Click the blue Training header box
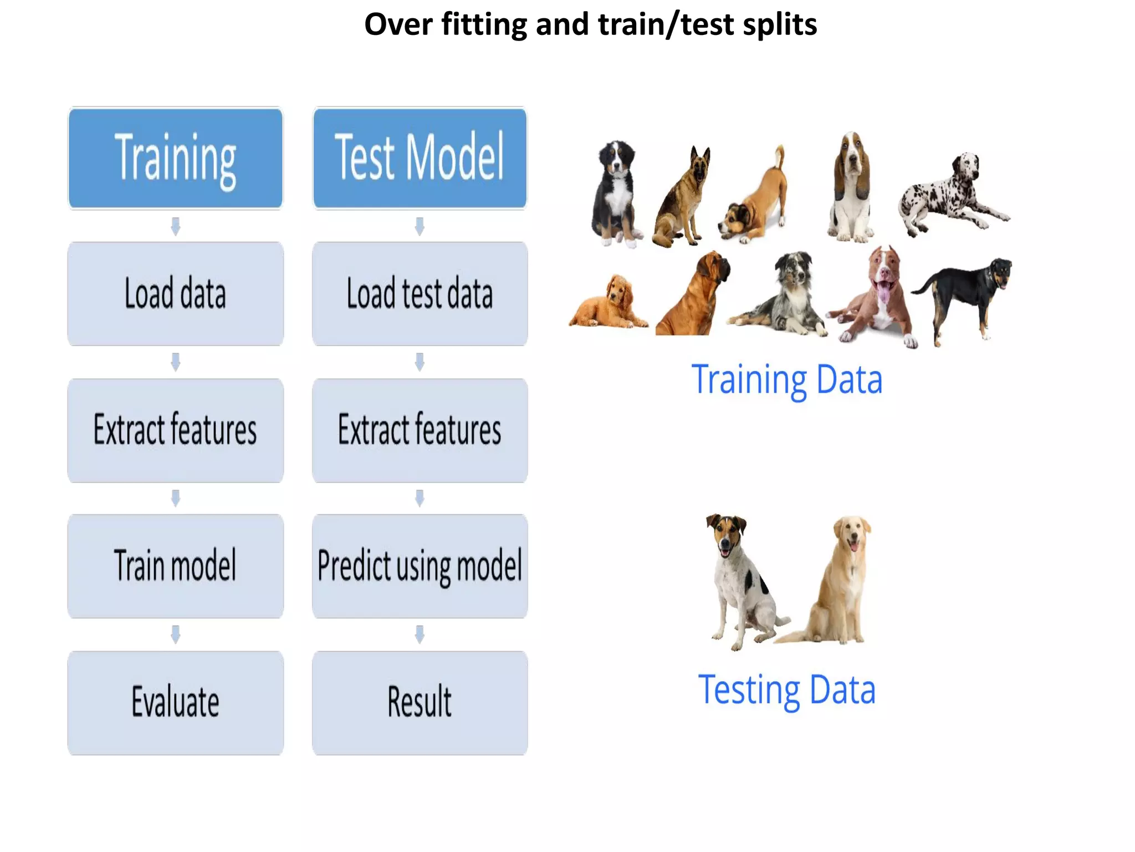(175, 158)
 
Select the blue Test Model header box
(420, 158)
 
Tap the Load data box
(175, 293)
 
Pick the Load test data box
(420, 293)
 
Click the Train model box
(175, 566)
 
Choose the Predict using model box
(420, 566)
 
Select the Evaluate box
(175, 702)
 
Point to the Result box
(420, 702)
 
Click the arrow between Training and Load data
(175, 226)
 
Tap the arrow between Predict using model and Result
(420, 634)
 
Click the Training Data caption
(786, 380)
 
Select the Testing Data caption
(786, 690)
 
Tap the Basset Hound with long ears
(851, 189)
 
